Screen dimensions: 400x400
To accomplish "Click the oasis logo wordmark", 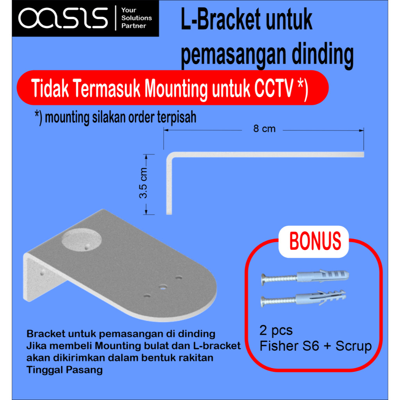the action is point(63,18).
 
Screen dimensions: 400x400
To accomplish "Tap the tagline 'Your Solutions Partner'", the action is point(136,18).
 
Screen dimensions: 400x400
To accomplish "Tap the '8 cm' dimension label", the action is point(264,129).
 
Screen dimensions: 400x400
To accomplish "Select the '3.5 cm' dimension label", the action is point(143,183).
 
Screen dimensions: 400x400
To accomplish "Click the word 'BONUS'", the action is point(315,241).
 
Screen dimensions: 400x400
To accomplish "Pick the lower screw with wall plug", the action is point(303,298).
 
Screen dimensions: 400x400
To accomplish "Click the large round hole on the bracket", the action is point(82,240).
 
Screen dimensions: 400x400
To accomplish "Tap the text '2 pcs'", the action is point(276,330).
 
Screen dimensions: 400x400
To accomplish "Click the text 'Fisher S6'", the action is point(289,346).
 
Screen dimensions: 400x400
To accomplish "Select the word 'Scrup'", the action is point(354,346).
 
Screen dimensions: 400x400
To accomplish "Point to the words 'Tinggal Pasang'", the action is point(64,370).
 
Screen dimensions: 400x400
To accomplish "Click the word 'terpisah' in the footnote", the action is point(177,117).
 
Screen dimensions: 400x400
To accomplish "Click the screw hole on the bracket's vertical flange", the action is point(42,273).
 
